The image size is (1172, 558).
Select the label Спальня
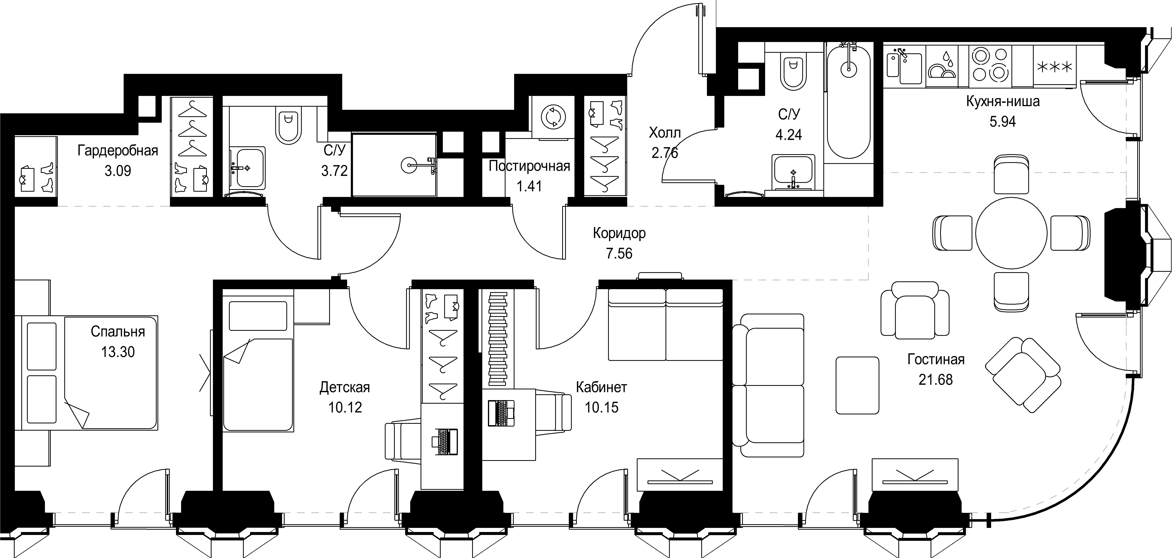click(x=118, y=332)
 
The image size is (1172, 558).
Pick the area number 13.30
click(x=118, y=352)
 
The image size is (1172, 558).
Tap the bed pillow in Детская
click(x=258, y=316)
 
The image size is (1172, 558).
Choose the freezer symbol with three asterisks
click(x=1055, y=67)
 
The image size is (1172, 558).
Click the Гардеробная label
click(x=118, y=151)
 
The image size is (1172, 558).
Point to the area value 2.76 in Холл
click(x=665, y=153)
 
